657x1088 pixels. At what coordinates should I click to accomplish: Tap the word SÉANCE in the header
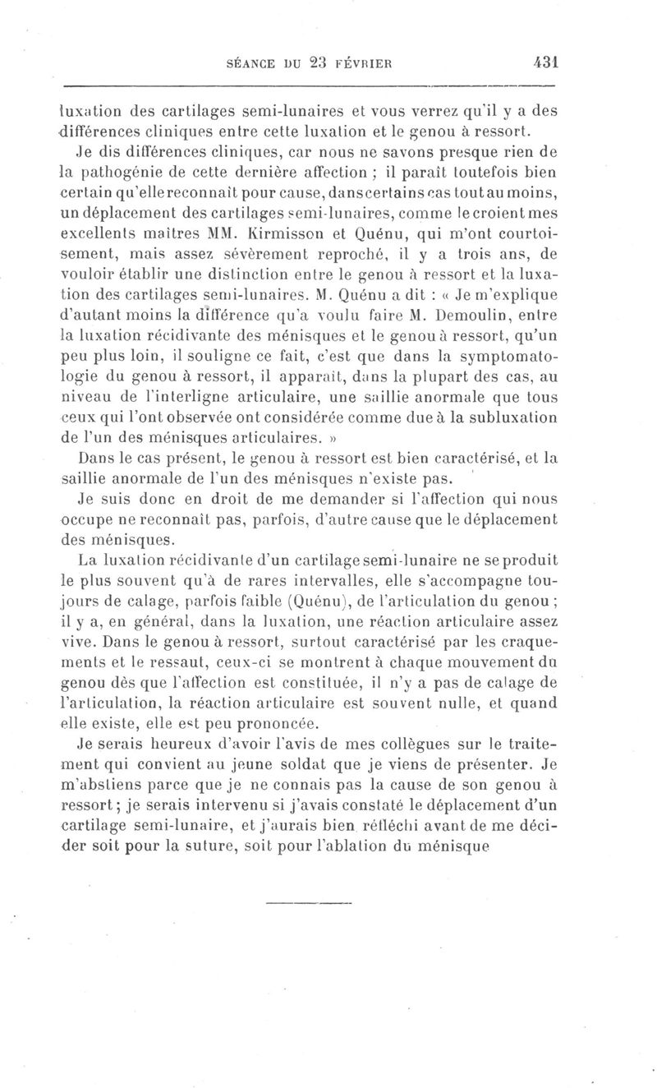(x=243, y=62)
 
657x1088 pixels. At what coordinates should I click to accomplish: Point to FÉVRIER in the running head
(x=380, y=62)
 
